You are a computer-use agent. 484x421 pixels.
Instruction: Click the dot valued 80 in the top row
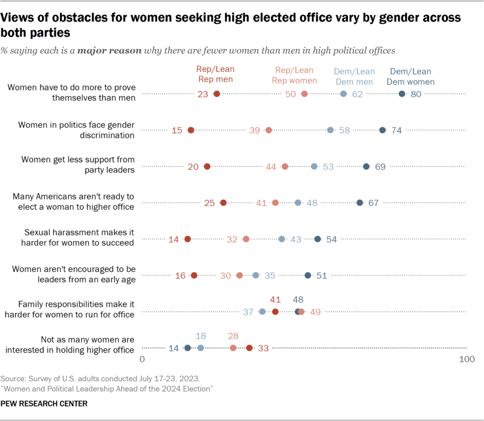click(x=402, y=94)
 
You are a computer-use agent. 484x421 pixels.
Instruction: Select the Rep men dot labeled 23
click(x=216, y=94)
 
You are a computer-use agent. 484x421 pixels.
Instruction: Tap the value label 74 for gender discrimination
click(x=397, y=130)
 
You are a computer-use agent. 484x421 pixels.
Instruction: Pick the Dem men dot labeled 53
click(x=314, y=166)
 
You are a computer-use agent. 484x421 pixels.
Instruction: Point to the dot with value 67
click(x=360, y=203)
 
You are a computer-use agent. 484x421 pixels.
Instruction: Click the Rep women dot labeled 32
click(x=246, y=239)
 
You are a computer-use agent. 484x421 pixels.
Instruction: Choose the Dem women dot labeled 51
click(x=308, y=275)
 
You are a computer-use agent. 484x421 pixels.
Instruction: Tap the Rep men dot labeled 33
click(x=250, y=348)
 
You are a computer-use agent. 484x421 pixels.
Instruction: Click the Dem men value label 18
click(x=201, y=336)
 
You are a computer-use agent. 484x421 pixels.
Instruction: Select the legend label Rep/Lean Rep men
click(x=215, y=74)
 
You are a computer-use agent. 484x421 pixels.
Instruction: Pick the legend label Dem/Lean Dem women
click(x=410, y=77)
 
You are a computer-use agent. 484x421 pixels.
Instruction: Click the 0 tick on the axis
click(x=142, y=360)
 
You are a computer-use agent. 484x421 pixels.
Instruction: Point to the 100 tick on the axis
click(x=467, y=360)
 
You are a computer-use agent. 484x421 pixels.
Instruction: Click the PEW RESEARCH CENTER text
click(x=44, y=404)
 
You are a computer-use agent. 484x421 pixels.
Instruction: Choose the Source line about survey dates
click(x=101, y=378)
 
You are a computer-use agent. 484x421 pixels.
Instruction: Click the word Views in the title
click(x=19, y=18)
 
